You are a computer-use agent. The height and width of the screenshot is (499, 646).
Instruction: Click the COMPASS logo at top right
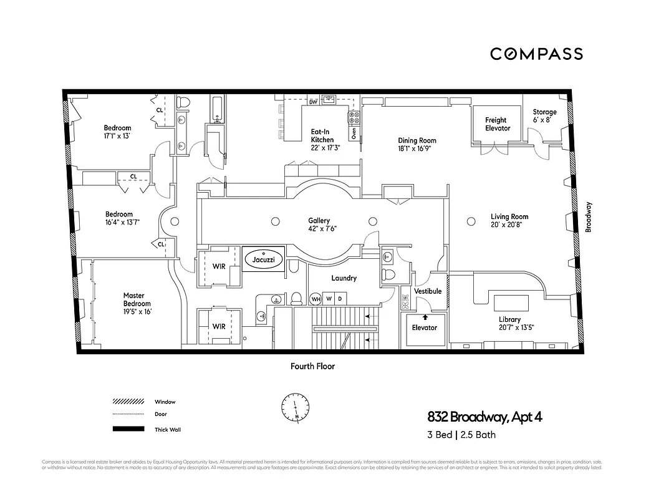point(536,54)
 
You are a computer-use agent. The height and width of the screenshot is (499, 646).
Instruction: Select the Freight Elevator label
point(497,124)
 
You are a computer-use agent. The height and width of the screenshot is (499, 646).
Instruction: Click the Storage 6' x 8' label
point(544,116)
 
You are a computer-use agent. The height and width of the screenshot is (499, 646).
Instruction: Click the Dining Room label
point(417,145)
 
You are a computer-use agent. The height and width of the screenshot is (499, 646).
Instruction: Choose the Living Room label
point(509,221)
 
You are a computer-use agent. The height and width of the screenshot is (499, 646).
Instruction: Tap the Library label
point(509,323)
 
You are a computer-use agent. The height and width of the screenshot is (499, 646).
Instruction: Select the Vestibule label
point(428,291)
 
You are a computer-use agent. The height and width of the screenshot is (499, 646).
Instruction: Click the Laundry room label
point(343,278)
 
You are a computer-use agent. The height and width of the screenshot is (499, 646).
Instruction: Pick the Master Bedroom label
point(137,303)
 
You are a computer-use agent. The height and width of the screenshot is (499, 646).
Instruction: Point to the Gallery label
point(319,225)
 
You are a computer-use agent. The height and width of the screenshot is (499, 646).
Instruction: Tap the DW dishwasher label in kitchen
point(313,102)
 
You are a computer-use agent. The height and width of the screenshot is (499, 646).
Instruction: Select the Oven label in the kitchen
point(353,132)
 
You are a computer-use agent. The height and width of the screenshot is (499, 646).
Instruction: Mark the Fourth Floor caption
point(312,366)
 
